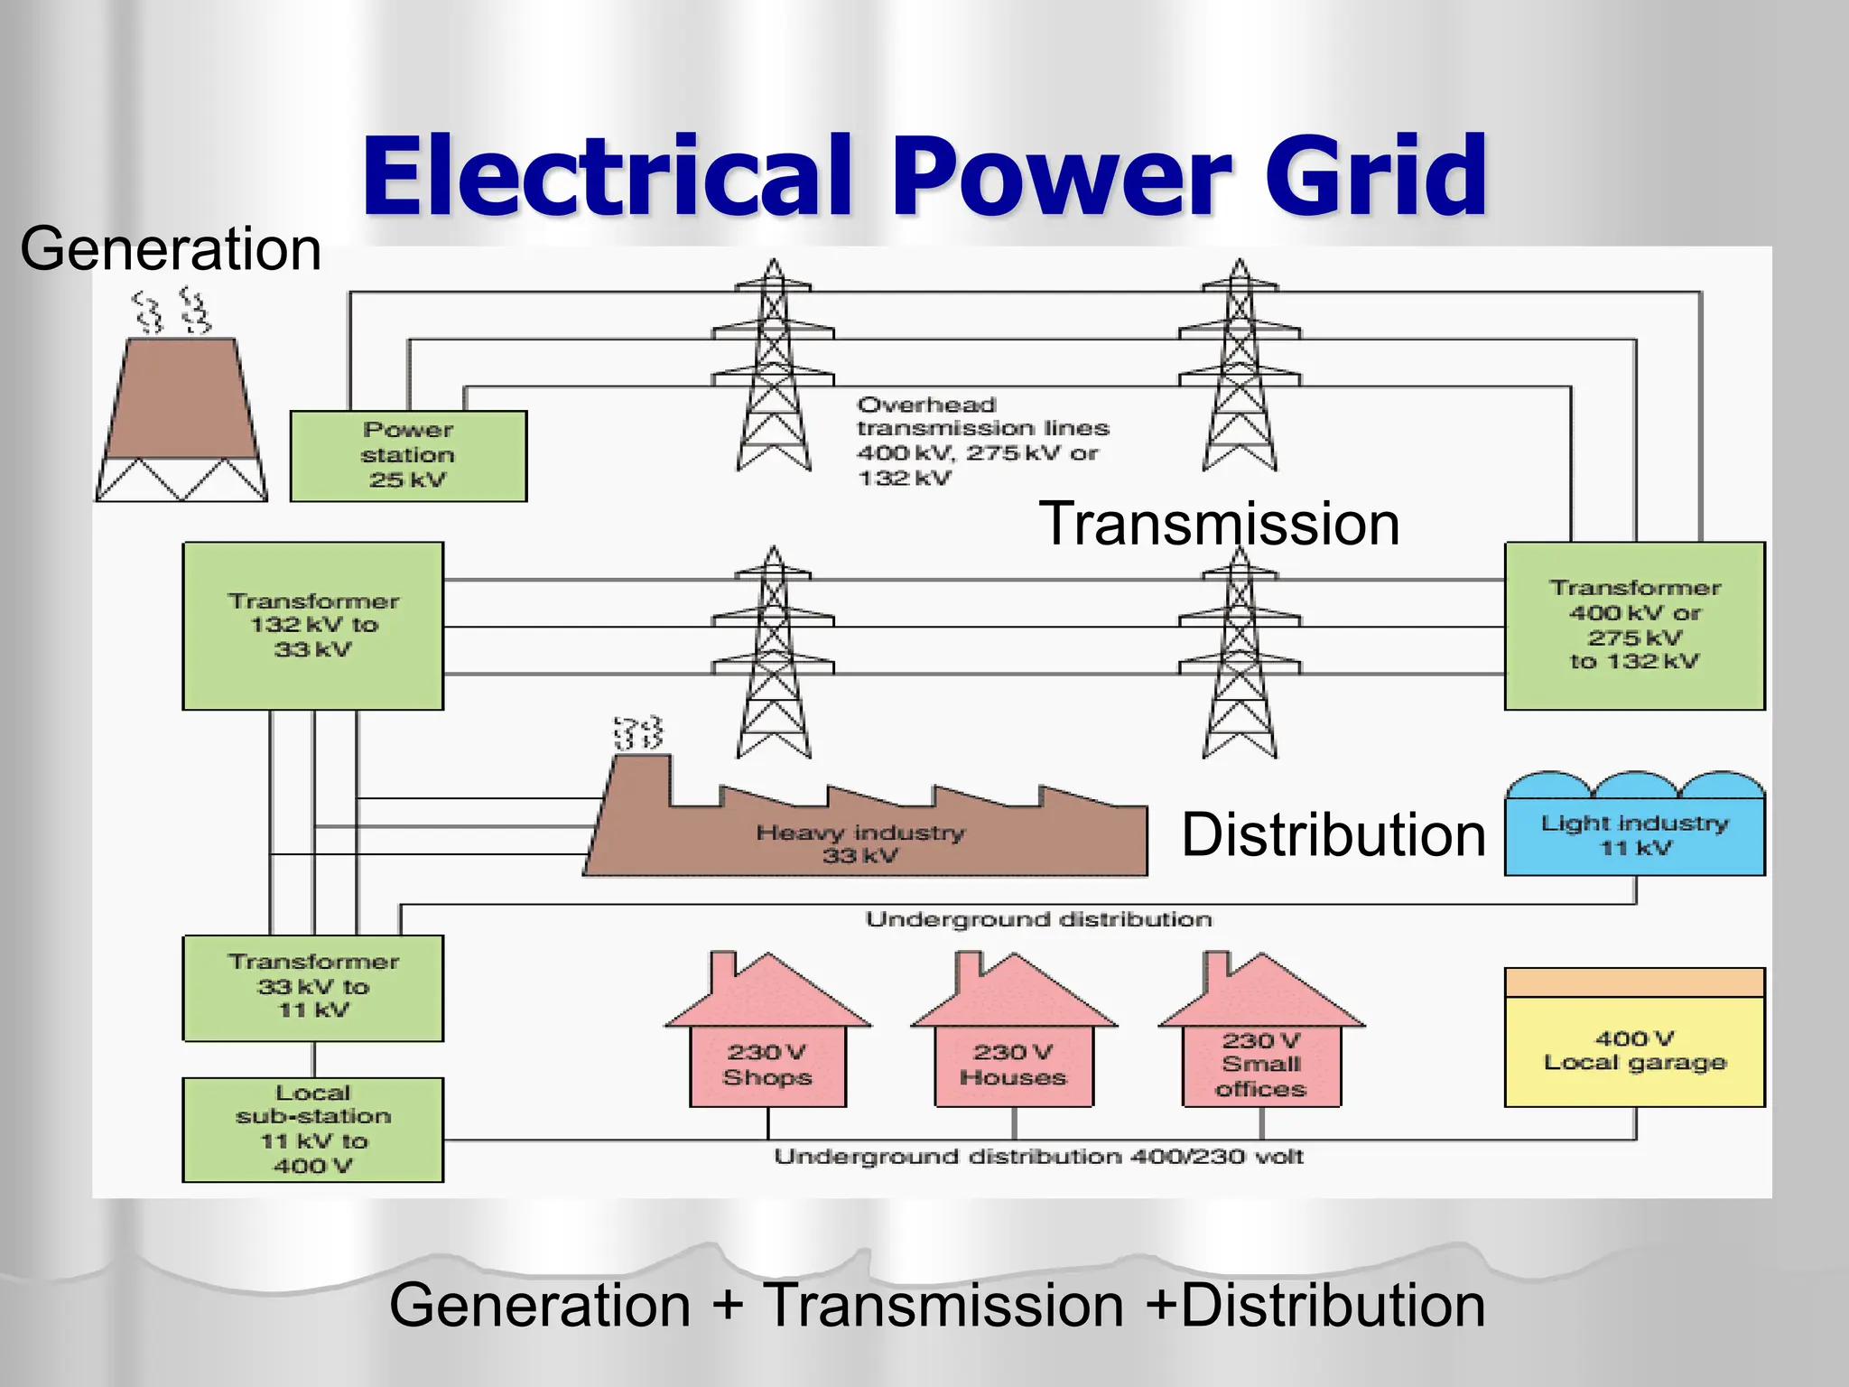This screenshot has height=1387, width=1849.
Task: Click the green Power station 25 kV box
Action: coord(408,456)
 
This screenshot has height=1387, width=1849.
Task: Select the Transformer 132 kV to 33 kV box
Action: coord(312,626)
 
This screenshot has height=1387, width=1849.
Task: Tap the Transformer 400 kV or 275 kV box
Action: coord(1634,626)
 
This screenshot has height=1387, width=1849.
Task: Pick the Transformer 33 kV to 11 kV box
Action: coord(312,988)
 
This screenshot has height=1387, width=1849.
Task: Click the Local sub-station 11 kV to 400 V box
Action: coord(312,1130)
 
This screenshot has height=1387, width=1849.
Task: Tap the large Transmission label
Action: coord(1219,524)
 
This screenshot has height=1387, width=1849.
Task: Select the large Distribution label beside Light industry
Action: coord(1333,834)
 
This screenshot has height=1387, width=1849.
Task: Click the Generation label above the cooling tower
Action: coord(171,249)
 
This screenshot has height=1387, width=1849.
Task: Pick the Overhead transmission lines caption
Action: coord(982,441)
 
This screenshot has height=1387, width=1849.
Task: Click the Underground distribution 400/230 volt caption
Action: coord(1038,1157)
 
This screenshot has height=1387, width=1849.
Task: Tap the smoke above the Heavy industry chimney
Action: coord(638,733)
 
